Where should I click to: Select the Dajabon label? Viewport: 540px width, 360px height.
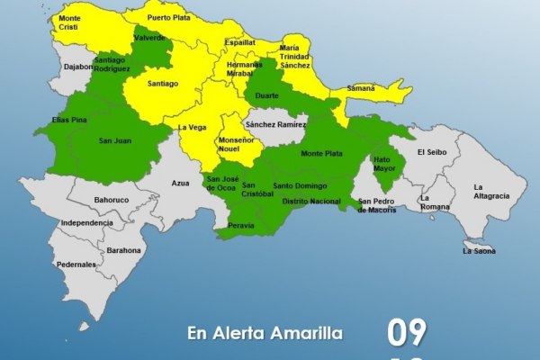click(78, 67)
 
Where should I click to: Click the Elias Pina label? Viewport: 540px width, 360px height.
click(68, 119)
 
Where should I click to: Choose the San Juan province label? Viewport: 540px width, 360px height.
click(116, 140)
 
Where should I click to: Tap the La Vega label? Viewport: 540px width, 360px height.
click(193, 128)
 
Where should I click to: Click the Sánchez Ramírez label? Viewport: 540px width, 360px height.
click(276, 124)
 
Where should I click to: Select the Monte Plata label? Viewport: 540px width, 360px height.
click(321, 154)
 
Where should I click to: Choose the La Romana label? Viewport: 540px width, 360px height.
click(435, 202)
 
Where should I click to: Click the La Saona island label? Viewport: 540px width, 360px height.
click(479, 251)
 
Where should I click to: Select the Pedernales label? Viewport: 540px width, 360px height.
click(76, 265)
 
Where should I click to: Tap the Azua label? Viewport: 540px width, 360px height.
click(180, 183)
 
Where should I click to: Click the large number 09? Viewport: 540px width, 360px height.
click(407, 333)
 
